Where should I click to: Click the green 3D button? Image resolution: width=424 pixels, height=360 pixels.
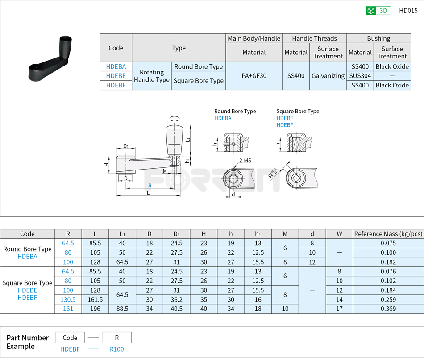378,11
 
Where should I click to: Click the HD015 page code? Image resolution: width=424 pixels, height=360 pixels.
408,11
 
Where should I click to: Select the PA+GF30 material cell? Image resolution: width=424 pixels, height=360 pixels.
254,76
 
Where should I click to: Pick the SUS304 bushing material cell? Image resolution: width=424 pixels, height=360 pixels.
360,76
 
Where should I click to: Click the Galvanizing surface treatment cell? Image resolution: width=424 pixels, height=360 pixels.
328,76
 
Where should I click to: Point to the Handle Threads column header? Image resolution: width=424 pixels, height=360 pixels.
314,38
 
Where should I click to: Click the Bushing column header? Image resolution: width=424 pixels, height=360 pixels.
378,38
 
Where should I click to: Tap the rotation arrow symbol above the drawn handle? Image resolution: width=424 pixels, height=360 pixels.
175,118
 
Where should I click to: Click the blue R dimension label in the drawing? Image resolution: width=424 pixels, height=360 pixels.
150,186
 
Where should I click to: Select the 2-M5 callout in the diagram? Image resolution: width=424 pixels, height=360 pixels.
245,160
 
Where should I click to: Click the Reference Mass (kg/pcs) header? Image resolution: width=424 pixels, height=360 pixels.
387,234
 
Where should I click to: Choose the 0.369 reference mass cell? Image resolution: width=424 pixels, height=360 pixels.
387,309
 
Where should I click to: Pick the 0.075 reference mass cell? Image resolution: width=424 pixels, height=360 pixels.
387,243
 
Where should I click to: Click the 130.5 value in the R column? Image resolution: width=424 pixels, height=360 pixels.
68,299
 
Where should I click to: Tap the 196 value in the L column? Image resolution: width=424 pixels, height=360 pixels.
95,309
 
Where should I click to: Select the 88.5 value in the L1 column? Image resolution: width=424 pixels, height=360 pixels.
122,309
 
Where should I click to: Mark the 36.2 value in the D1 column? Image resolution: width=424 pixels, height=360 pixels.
177,299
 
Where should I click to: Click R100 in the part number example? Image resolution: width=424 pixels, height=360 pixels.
116,349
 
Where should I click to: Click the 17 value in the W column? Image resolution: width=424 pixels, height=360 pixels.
339,309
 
